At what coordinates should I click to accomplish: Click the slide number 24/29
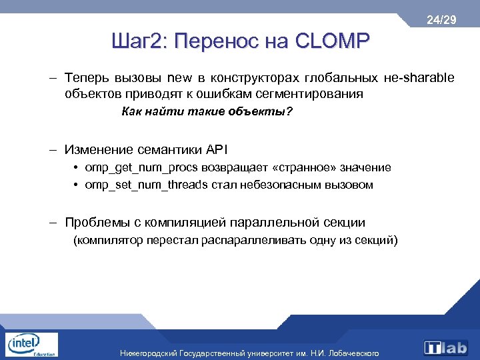point(441,21)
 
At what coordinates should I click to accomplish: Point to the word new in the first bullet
point(179,79)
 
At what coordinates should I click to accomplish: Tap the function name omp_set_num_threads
point(147,185)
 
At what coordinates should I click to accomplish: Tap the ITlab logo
point(447,347)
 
